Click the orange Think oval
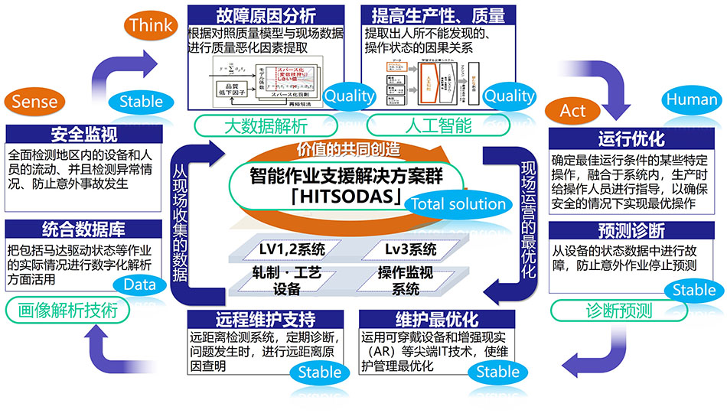click(151, 25)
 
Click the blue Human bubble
click(691, 100)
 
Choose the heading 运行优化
click(631, 140)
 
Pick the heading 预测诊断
click(631, 230)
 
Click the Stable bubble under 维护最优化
click(497, 372)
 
